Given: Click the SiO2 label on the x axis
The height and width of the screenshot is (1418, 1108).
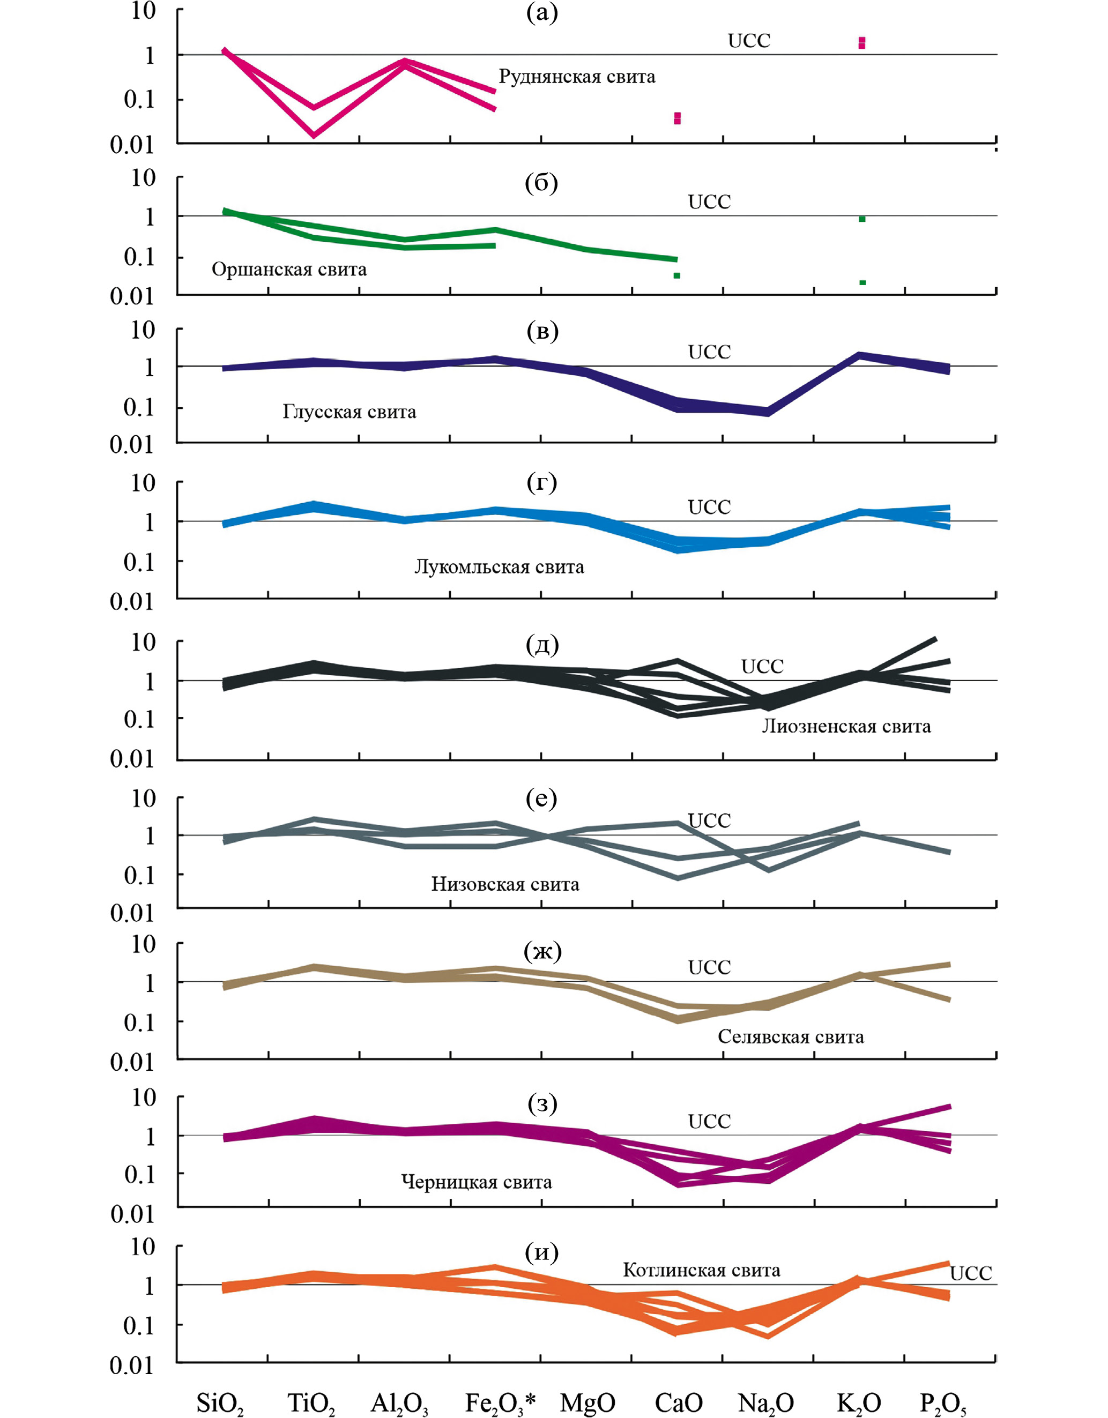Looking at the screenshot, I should point(220,1403).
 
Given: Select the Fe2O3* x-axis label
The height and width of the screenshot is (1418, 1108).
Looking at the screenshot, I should point(500,1403).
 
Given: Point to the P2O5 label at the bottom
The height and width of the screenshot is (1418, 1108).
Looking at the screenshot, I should point(943,1403).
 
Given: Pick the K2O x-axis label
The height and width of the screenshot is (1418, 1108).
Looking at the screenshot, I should point(859,1403).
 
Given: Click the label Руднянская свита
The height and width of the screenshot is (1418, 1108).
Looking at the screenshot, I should point(577,77).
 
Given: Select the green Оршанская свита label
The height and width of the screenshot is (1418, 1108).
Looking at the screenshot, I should point(289,270).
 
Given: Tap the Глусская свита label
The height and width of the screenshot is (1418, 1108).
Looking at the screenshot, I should point(349,412).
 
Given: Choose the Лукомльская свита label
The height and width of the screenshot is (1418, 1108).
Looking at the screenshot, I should point(499,567).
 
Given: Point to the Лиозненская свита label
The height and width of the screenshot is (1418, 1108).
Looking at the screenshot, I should point(846,726).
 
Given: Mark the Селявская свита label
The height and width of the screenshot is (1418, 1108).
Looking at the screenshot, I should point(791,1036).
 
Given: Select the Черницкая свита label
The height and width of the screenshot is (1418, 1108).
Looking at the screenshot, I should point(477,1182).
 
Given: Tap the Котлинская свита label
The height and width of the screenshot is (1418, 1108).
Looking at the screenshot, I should point(702,1270).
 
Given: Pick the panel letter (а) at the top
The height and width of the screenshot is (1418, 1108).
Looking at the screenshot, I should point(541,13).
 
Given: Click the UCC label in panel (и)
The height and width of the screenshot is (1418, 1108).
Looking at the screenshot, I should point(970,1273).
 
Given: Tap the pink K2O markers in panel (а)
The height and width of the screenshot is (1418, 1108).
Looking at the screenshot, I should point(862,43).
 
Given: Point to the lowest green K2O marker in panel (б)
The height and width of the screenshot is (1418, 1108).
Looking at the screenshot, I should point(862,282).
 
